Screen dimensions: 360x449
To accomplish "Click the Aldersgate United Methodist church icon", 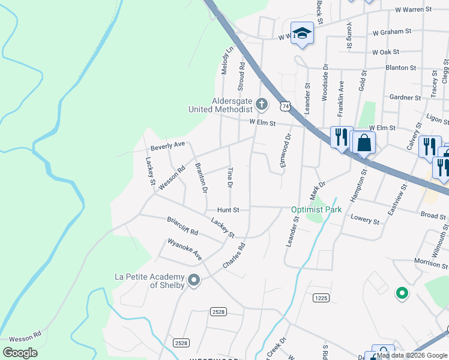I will tap(261, 104).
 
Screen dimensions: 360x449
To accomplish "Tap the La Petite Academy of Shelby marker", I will tap(193, 280).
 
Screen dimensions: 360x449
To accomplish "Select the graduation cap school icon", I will tap(302, 34).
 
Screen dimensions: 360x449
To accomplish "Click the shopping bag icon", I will tap(364, 143).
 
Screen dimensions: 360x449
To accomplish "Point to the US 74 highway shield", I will tap(285, 106).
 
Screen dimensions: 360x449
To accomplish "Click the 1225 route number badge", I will tap(321, 298).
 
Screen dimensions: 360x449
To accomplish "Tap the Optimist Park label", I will tap(316, 210).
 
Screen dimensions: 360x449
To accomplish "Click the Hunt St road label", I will tap(228, 210).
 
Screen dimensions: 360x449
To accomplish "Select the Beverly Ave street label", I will tap(167, 146).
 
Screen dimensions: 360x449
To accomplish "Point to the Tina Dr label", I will tap(230, 177).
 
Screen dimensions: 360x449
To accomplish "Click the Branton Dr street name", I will tap(202, 178).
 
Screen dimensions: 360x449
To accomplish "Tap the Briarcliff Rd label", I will tap(182, 226).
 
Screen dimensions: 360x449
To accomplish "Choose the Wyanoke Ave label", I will tap(185, 250).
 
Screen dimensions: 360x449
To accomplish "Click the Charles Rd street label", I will tap(234, 255).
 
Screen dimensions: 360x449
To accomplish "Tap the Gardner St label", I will tap(405, 97).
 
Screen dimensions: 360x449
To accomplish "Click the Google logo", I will tap(20, 352).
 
